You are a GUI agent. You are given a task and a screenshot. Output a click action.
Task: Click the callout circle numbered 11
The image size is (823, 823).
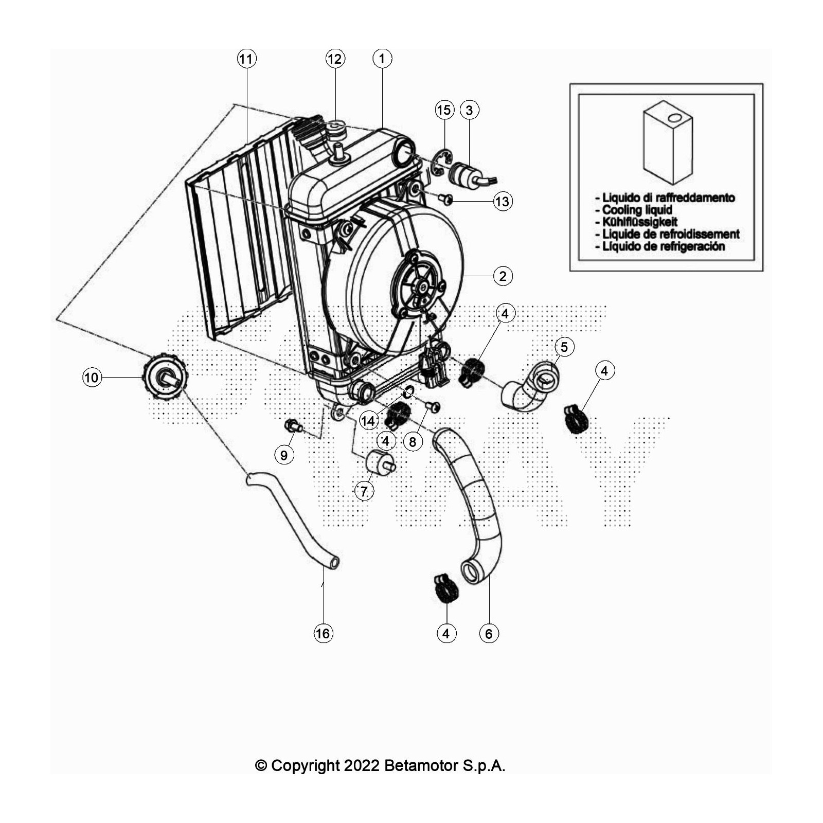246,59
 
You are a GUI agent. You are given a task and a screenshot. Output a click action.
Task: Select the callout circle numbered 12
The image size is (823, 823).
335,59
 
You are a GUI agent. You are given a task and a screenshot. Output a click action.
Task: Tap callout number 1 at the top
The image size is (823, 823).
382,58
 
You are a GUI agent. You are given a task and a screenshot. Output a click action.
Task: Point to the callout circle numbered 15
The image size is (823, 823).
444,110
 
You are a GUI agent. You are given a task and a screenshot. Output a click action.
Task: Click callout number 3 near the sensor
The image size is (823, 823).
469,110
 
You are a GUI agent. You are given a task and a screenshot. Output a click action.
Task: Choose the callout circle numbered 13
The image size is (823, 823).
503,201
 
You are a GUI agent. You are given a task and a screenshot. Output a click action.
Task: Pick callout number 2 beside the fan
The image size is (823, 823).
503,276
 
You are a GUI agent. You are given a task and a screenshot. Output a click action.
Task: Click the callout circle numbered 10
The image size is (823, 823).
92,378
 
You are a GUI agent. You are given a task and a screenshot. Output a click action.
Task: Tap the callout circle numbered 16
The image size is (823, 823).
323,633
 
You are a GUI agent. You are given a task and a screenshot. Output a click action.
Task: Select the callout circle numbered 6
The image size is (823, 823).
489,633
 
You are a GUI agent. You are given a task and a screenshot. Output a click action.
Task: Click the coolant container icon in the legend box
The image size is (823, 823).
668,141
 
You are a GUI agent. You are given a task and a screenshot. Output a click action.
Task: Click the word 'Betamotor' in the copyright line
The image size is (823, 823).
421,765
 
